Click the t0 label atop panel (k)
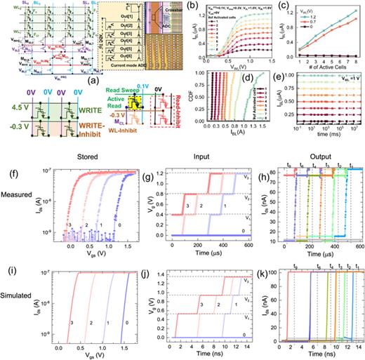(x=286, y=258)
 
